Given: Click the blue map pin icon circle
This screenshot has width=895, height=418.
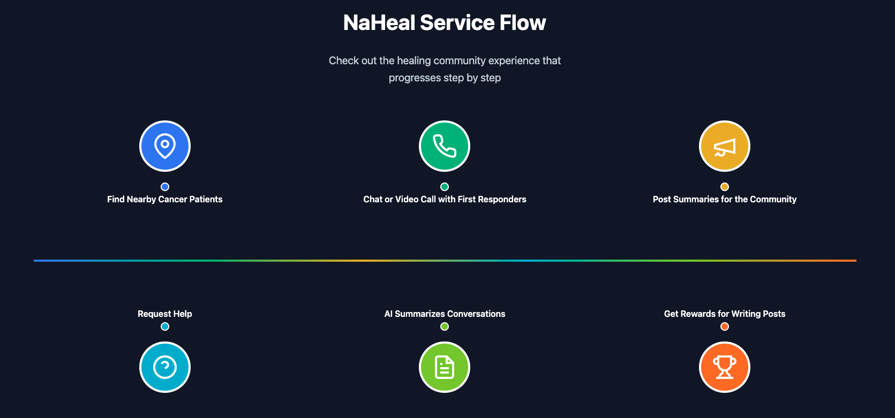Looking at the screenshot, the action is pos(164,146).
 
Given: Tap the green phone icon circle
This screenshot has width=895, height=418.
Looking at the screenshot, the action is pos(445,146).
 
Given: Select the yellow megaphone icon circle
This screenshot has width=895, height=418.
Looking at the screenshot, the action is pos(724,146).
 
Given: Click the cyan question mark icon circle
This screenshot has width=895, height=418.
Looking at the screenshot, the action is pos(164,367).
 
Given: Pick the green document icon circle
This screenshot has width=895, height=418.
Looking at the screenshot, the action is pos(445,367).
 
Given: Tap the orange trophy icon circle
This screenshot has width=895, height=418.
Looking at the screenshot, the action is pos(724,367).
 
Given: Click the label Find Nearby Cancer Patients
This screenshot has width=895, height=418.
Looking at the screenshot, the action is pos(164,199).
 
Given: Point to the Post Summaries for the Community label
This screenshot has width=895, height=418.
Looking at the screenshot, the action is pos(724,199).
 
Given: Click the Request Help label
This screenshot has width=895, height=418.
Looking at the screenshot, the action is pos(164,314).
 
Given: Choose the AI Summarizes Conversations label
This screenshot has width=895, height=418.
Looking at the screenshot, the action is pos(445,314).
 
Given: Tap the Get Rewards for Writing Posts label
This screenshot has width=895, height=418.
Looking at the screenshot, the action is pos(724,314).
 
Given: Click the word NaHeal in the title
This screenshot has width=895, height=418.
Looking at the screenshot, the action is pos(379,22).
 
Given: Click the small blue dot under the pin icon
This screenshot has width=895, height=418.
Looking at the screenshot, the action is pos(164,186).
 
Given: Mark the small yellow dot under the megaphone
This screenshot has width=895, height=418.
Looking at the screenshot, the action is pos(724,186).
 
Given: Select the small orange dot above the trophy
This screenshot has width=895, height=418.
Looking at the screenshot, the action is pos(724,326).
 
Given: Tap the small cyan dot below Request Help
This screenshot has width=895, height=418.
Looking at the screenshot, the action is pos(164,326).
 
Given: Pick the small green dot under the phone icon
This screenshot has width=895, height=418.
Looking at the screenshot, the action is pos(445,186).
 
